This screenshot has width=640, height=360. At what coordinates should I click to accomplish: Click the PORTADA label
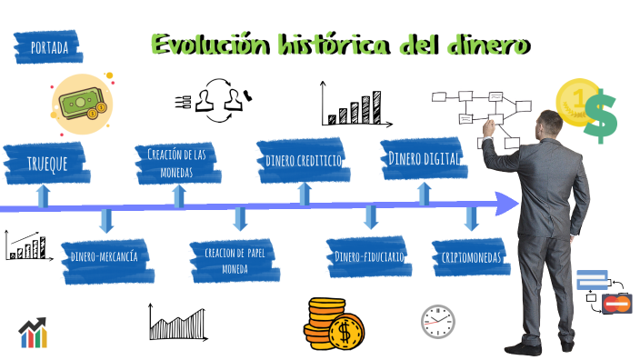[x=48, y=47]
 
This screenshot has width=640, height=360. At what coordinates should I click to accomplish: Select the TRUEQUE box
[x=45, y=164]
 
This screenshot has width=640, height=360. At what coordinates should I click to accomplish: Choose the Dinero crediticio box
[x=304, y=160]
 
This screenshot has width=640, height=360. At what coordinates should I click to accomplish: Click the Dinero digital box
[x=423, y=159]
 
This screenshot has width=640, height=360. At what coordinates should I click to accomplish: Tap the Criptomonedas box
[x=471, y=257]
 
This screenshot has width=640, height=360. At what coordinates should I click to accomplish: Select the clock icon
[x=437, y=321]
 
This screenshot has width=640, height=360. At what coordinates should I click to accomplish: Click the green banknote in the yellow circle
[x=81, y=99]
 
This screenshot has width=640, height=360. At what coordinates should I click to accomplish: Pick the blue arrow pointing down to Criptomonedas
[x=471, y=218]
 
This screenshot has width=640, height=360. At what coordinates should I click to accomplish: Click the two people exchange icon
[x=217, y=99]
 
